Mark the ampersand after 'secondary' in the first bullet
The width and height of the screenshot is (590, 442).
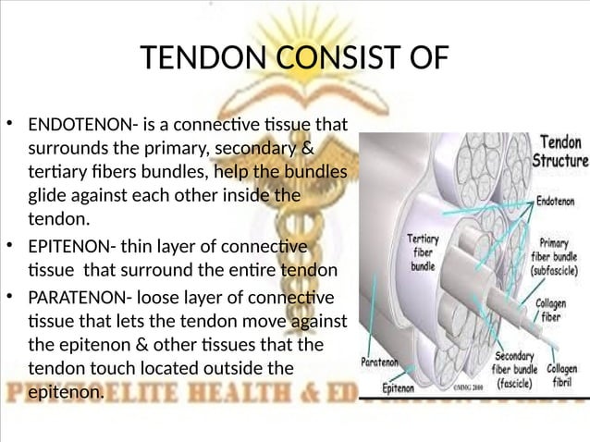(x=308, y=149)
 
